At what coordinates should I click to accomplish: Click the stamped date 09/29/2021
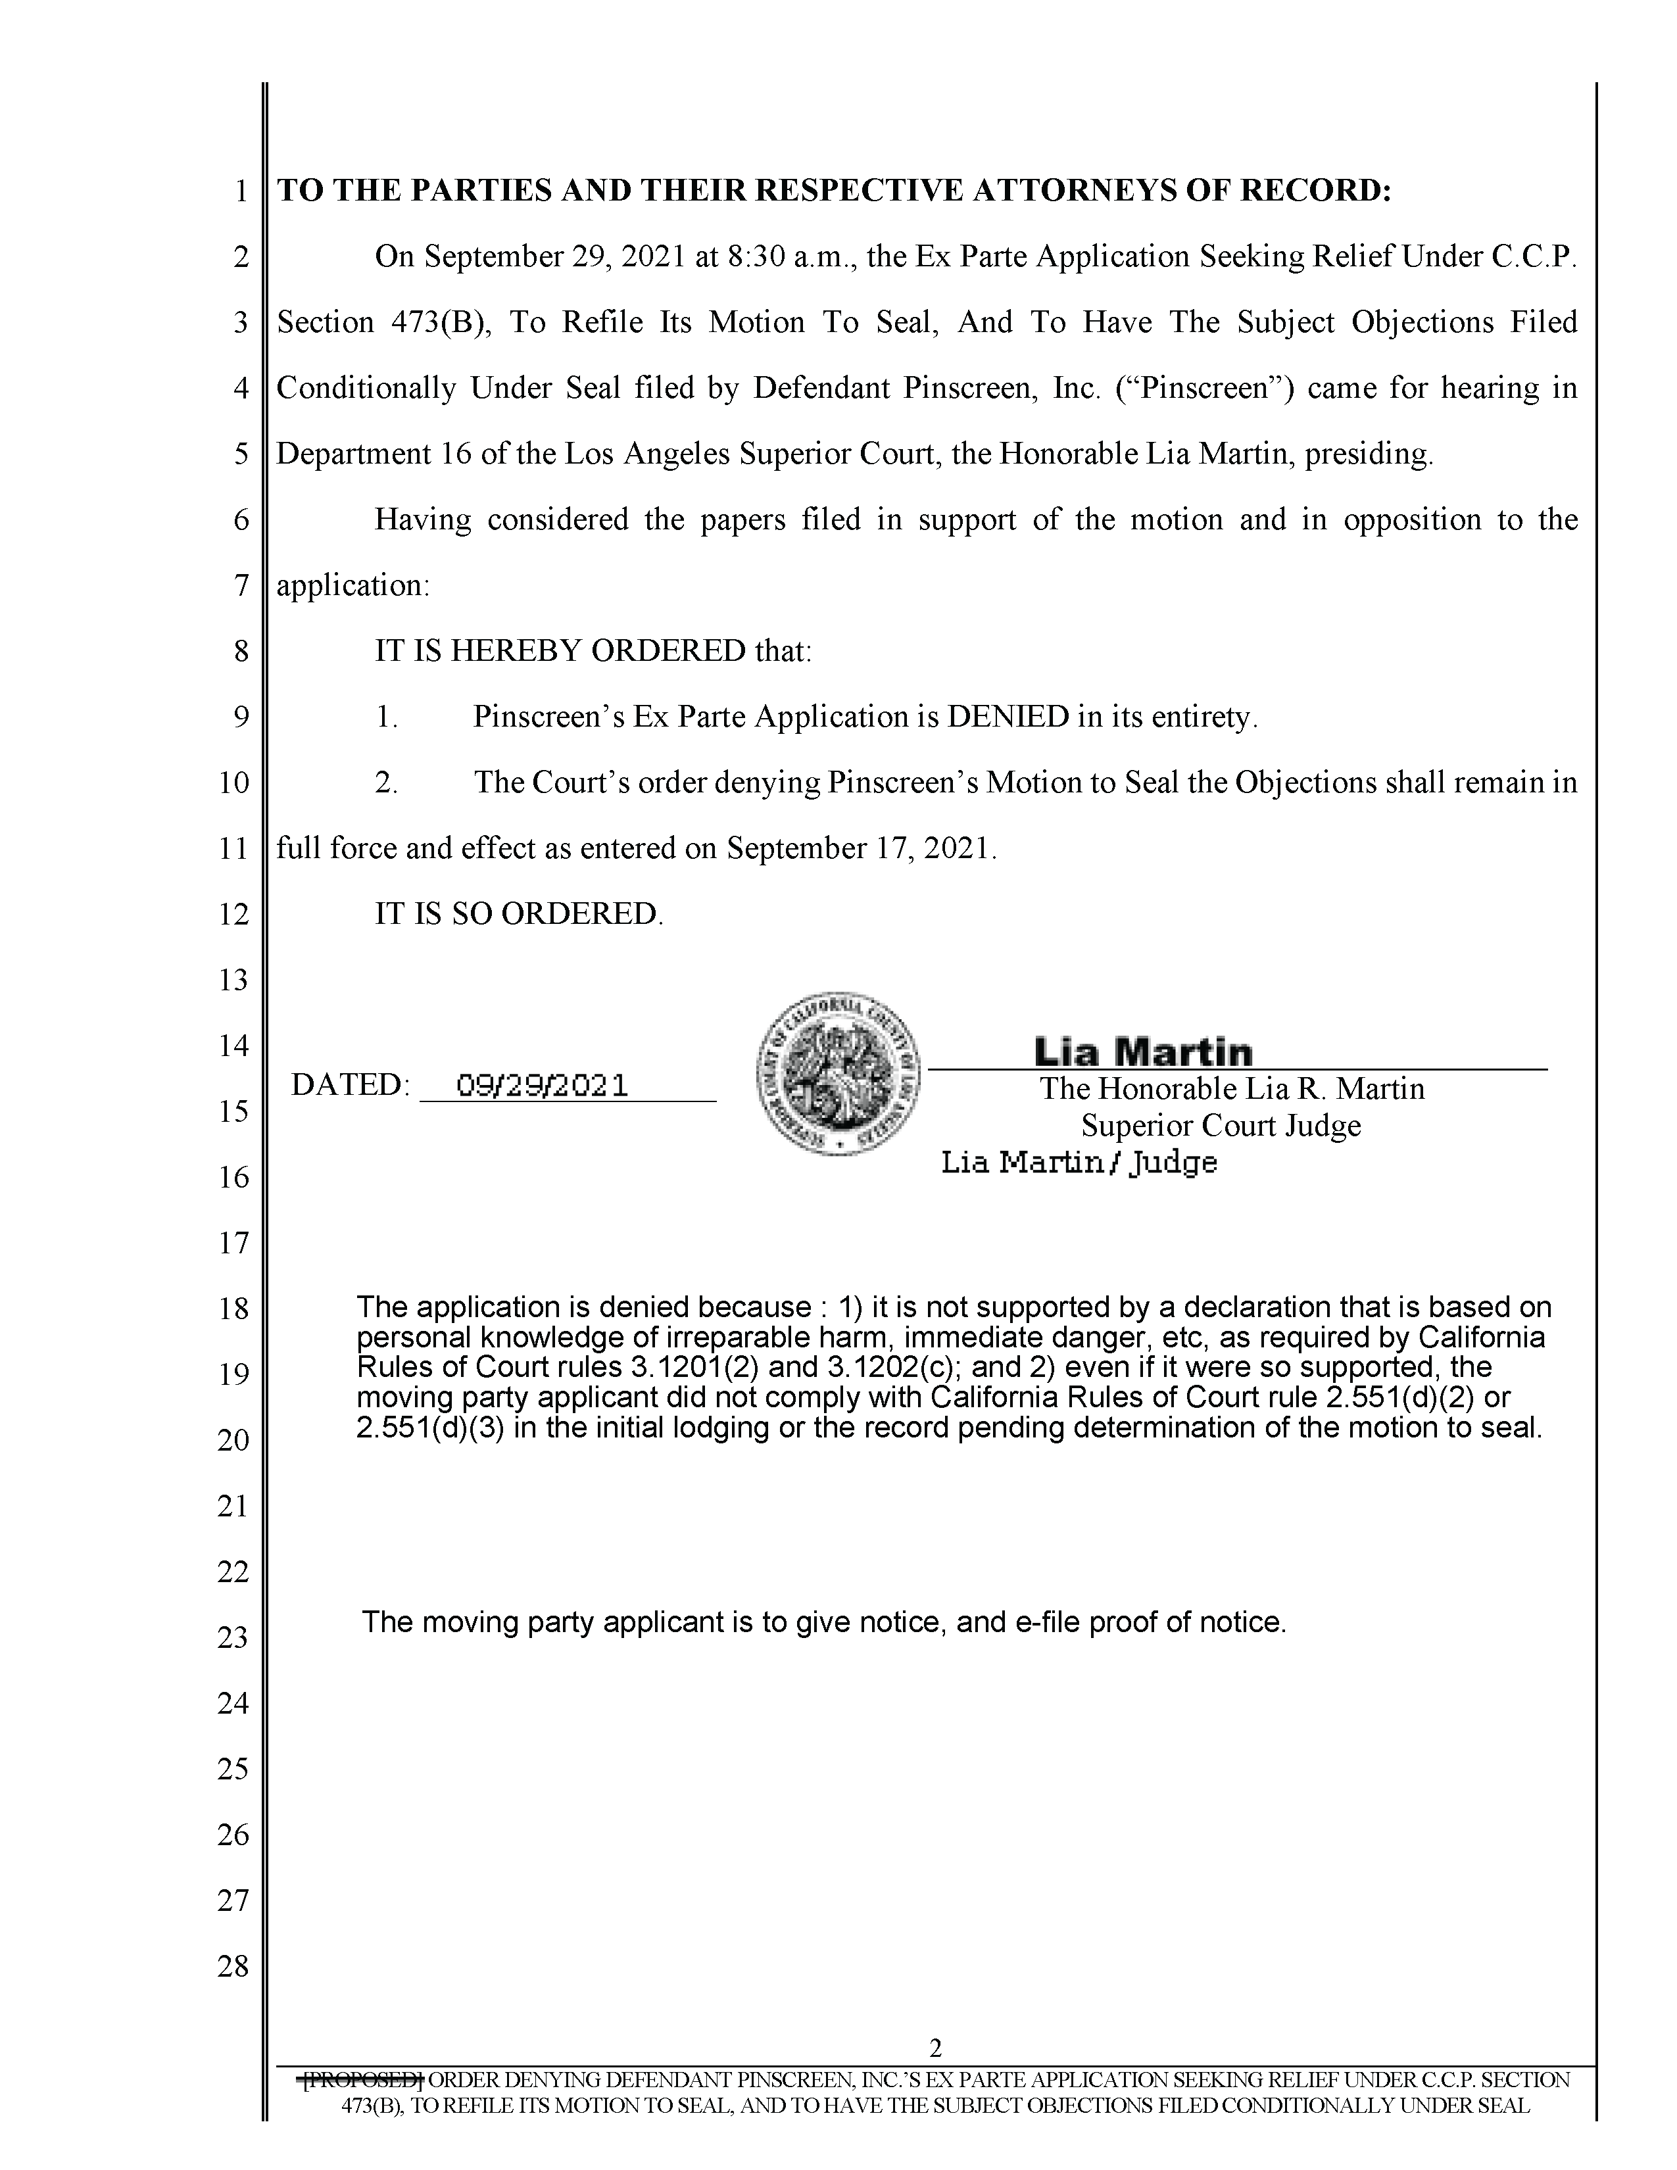[541, 1084]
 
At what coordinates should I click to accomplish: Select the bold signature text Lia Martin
[1142, 1051]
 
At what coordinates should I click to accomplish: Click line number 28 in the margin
[233, 1966]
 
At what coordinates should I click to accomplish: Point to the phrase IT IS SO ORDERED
[518, 913]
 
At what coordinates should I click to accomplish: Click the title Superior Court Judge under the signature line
[1221, 1126]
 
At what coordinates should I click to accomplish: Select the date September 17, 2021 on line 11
[860, 848]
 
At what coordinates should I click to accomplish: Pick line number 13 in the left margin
[233, 980]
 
